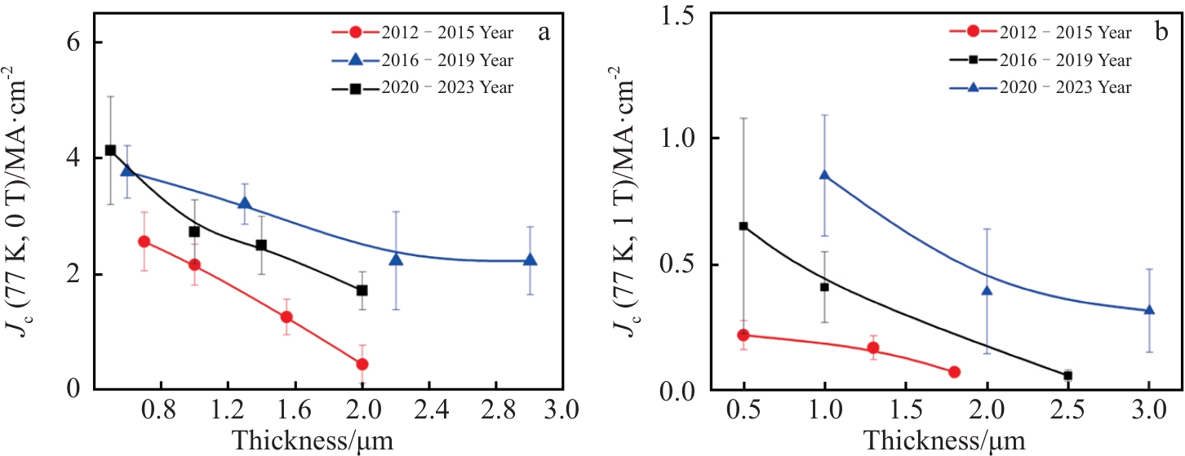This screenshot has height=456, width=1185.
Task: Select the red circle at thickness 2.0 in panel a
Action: pos(362,364)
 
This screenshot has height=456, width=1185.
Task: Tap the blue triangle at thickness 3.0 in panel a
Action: pos(530,259)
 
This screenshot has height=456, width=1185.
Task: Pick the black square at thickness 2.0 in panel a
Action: pos(362,290)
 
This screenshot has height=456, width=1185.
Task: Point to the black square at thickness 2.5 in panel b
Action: pos(1067,375)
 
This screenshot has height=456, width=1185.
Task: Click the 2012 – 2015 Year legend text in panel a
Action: pos(447,33)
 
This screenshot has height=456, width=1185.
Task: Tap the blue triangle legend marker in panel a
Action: pos(354,60)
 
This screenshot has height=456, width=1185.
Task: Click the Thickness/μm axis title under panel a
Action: pos(313,440)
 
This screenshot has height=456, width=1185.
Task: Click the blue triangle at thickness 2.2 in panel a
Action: pos(396,258)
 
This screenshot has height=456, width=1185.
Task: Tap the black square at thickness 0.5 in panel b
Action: pos(743,226)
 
